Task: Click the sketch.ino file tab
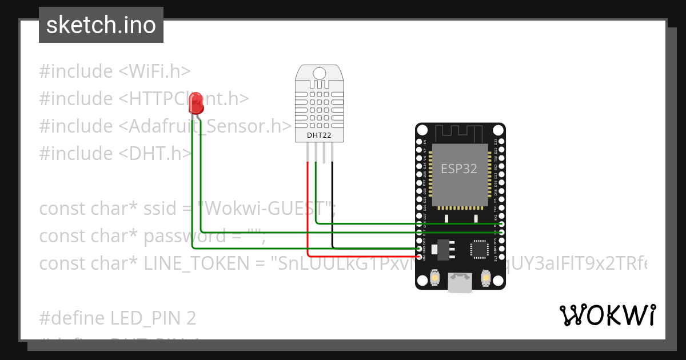click(x=101, y=25)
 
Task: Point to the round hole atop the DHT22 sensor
click(x=319, y=73)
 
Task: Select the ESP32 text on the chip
click(x=459, y=169)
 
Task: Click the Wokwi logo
click(x=607, y=315)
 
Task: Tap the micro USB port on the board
click(x=460, y=282)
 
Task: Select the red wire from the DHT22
click(x=308, y=206)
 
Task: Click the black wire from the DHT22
click(x=333, y=206)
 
